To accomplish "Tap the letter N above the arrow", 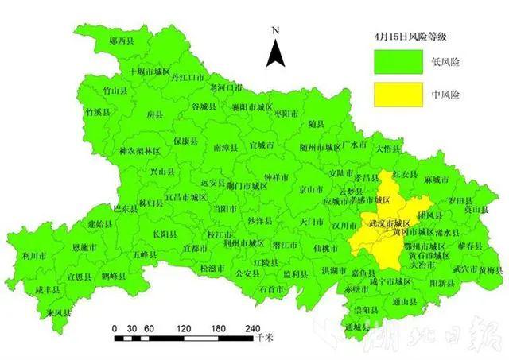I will [275, 31].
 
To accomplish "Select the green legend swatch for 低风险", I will [398, 60].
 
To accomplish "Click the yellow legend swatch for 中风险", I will [398, 94].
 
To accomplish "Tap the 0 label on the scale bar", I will [115, 329].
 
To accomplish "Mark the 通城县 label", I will [359, 327].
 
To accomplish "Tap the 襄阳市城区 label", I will [253, 106].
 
